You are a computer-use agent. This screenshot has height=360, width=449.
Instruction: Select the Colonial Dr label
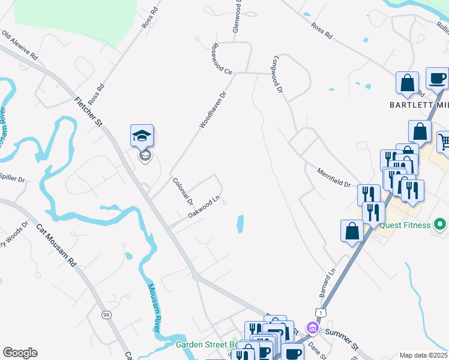point(182,190)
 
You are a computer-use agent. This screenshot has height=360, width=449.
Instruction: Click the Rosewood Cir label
point(221,59)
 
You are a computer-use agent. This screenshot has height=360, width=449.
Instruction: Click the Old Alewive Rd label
point(20,46)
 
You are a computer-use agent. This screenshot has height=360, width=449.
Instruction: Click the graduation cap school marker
point(142,136)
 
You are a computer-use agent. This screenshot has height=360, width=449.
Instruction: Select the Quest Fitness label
point(405,225)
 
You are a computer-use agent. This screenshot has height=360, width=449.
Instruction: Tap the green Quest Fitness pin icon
point(440,225)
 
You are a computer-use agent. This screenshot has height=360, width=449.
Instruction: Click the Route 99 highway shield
point(106,315)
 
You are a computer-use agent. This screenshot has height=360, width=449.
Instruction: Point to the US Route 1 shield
point(320,313)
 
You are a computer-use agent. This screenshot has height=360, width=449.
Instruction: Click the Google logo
point(20,353)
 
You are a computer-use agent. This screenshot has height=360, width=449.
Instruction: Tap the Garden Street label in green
point(207,345)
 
